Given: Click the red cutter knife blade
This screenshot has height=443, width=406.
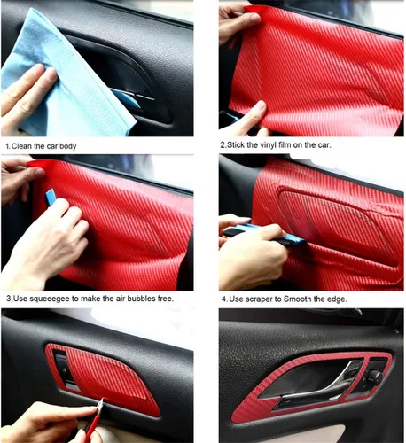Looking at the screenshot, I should point(100,410).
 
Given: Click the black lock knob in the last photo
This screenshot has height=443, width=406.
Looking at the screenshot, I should point(374,376).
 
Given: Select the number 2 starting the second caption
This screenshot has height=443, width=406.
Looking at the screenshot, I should point(223,144).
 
